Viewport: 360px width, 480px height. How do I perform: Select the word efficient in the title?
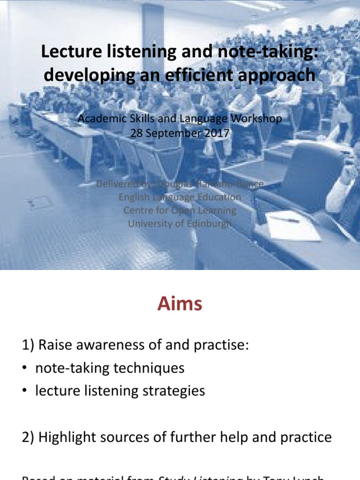click(205, 75)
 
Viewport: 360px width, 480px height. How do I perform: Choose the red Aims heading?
click(180, 304)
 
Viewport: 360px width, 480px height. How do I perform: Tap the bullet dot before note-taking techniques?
click(25, 368)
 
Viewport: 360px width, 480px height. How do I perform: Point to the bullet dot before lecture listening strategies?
click(25, 391)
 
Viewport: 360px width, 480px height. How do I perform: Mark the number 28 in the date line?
click(136, 133)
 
